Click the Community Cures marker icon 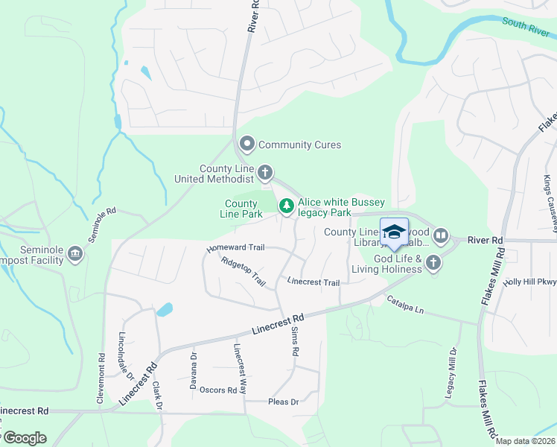(247, 145)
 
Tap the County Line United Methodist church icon (265, 174)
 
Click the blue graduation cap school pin (394, 231)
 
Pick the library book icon (441, 236)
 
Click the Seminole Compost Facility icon (74, 255)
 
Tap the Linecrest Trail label (313, 282)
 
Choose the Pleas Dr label (283, 402)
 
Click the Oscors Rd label (217, 390)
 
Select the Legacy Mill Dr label (450, 372)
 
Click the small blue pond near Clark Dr (165, 309)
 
